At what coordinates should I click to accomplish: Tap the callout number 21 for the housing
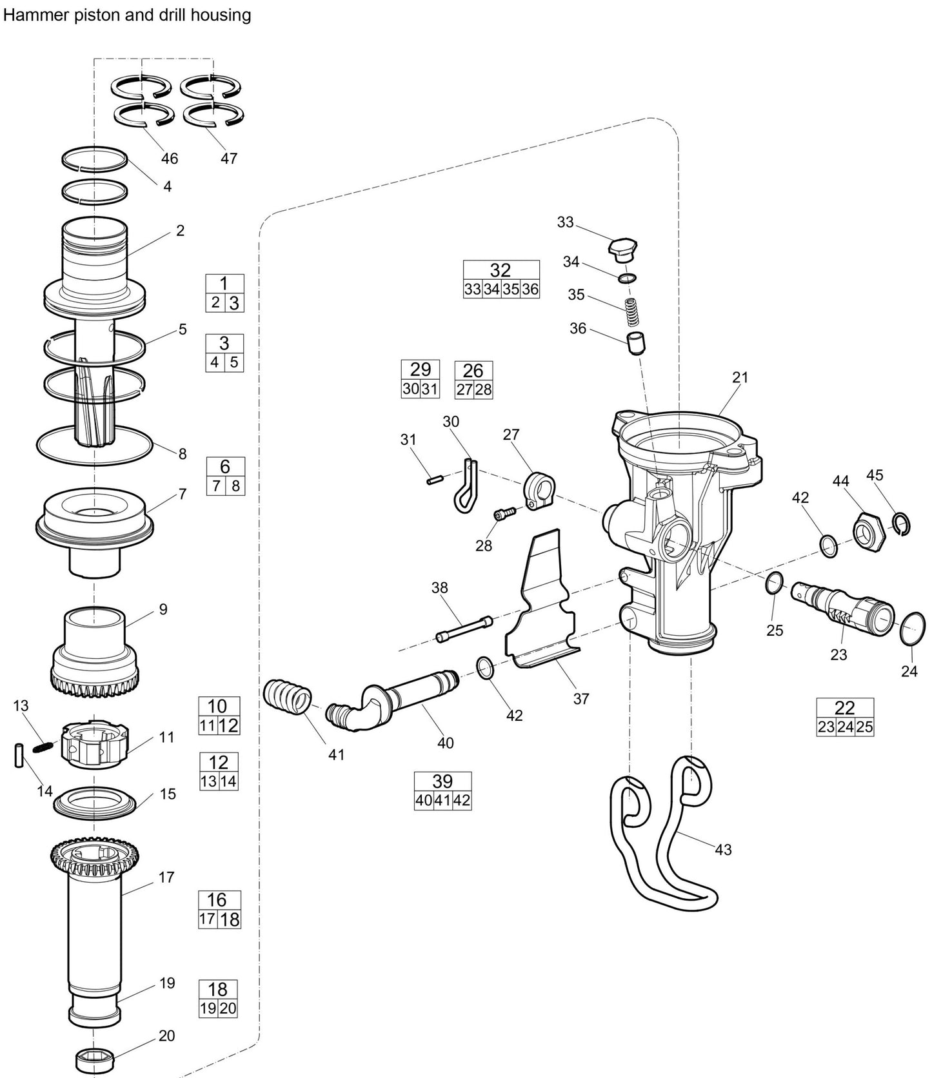pyautogui.click(x=740, y=377)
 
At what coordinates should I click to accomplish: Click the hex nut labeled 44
pyautogui.click(x=866, y=531)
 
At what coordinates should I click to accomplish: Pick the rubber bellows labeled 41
pyautogui.click(x=288, y=697)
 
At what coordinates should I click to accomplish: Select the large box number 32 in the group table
pyautogui.click(x=501, y=270)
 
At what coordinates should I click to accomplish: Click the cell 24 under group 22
pyautogui.click(x=845, y=727)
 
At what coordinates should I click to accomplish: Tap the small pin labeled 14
pyautogui.click(x=19, y=756)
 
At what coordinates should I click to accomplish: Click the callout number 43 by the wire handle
pyautogui.click(x=723, y=850)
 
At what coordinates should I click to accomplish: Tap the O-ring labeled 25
pyautogui.click(x=775, y=584)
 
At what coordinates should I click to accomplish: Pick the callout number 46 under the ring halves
pyautogui.click(x=169, y=159)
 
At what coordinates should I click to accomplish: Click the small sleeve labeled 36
pyautogui.click(x=637, y=342)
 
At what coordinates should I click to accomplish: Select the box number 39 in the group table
pyautogui.click(x=442, y=781)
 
